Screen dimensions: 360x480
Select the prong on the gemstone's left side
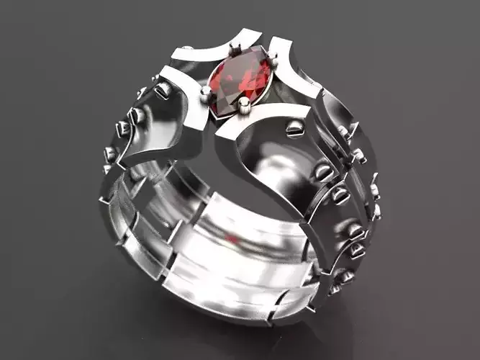coord(207,91)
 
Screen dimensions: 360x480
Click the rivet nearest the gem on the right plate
coord(294,129)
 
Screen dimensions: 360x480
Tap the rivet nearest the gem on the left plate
coord(163,89)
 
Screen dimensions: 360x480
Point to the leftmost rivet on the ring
coord(110,153)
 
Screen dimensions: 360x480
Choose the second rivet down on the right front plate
coord(324,171)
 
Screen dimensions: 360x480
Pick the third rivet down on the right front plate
coord(340,195)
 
